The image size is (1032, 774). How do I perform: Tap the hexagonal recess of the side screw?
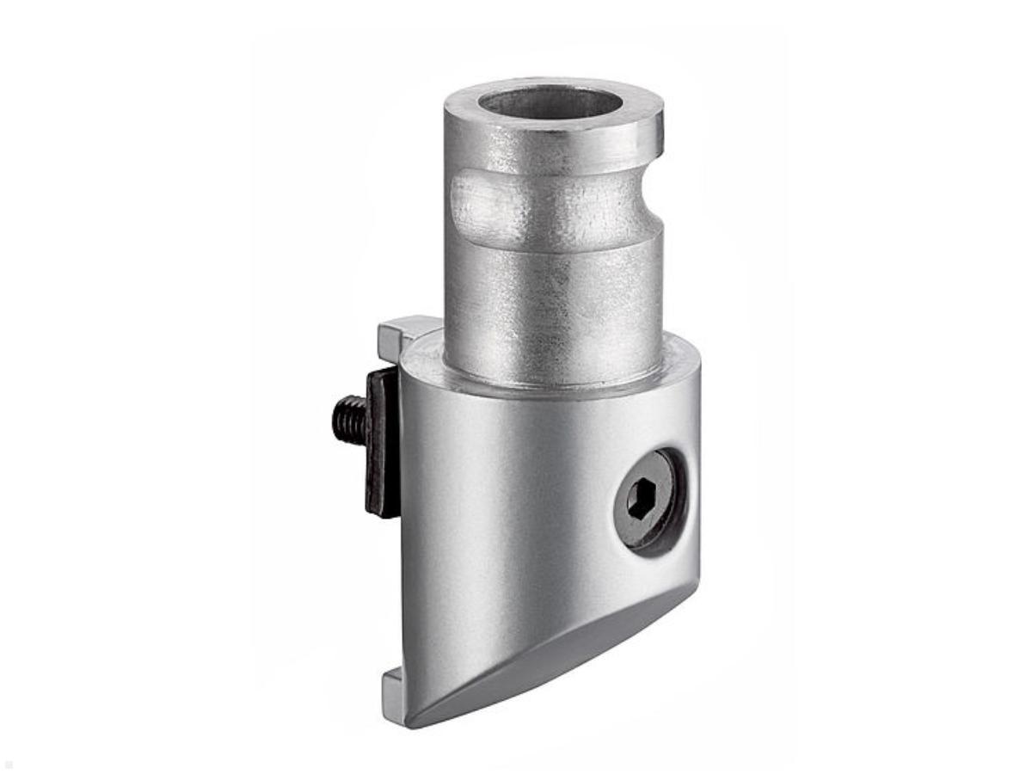pos(641,500)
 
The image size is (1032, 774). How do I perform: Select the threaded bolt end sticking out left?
pos(348,419)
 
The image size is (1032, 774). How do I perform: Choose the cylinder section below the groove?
pos(550,301)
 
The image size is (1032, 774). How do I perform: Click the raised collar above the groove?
pos(550,150)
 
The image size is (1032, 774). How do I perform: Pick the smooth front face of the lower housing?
pos(499,516)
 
